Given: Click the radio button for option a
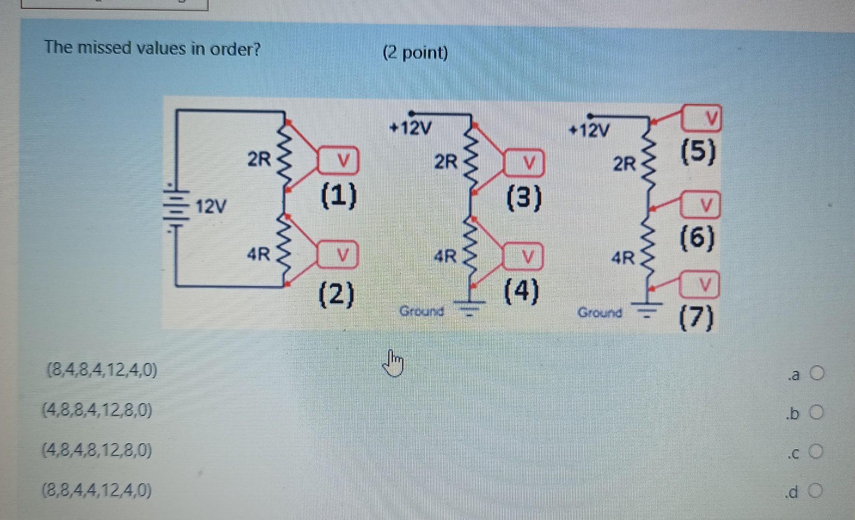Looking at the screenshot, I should click(x=817, y=373).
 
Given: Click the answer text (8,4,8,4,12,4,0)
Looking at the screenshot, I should click(x=101, y=371).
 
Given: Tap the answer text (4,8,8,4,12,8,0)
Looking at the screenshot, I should click(x=98, y=411).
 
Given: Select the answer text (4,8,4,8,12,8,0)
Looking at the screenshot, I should click(x=98, y=451).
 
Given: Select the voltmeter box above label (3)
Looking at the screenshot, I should click(x=523, y=164).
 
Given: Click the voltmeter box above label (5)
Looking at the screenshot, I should click(x=702, y=118).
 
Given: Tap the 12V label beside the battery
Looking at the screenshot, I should click(x=211, y=207).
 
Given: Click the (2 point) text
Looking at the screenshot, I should click(x=415, y=53).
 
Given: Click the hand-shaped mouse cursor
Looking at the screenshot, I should click(x=395, y=364).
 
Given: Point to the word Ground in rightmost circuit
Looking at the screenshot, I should click(x=600, y=313).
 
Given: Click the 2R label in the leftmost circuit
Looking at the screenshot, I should click(x=259, y=159).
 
